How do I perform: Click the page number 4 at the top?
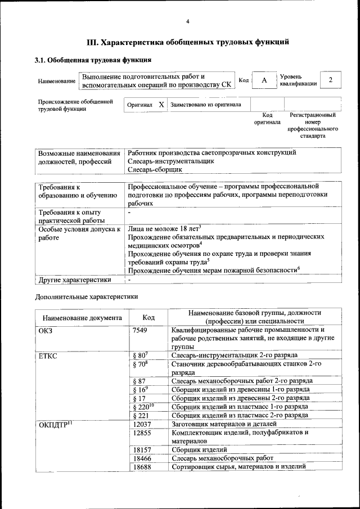tap(188, 22)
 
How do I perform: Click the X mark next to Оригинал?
tap(161, 105)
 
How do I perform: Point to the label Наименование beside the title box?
tap(57, 81)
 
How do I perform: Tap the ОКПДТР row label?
tap(54, 424)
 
